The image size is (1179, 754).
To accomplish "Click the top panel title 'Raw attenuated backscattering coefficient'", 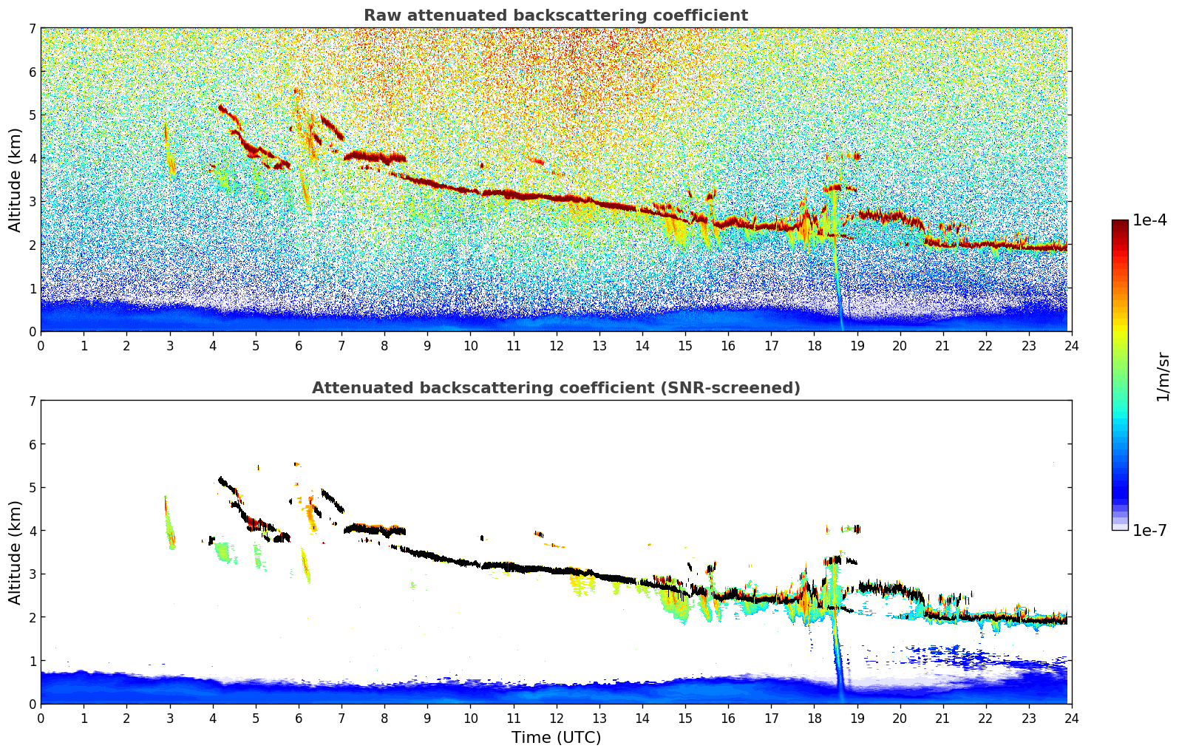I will point(555,16).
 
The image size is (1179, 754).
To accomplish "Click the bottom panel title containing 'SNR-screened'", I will point(555,388).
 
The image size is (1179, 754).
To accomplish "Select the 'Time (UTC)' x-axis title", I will point(556,738).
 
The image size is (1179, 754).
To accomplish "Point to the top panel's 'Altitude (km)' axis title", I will point(15,180).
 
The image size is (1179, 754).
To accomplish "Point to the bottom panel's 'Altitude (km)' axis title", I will point(15,552).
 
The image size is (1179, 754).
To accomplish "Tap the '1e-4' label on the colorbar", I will point(1149,220).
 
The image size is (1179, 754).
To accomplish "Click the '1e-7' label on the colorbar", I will point(1149,530).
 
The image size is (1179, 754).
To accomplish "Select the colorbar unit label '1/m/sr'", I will point(1163,376).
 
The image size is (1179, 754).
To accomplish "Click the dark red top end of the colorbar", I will point(1120,223).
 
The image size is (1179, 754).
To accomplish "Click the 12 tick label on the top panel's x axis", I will point(556,346).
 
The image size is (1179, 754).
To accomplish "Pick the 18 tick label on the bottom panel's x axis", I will point(814,719).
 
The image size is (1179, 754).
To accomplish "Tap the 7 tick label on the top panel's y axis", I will point(32,29).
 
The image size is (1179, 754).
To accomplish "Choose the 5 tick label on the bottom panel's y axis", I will point(32,488).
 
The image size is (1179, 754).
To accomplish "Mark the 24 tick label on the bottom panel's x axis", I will point(1072,719).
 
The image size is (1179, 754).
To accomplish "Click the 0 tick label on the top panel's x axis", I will point(41,346).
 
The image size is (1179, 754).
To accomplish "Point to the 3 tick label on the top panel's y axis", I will point(32,202).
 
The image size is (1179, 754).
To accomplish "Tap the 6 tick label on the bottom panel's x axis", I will point(299,719).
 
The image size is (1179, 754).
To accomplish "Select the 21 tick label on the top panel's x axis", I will point(942,346).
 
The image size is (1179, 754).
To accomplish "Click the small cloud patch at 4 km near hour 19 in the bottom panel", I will point(854,529).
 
